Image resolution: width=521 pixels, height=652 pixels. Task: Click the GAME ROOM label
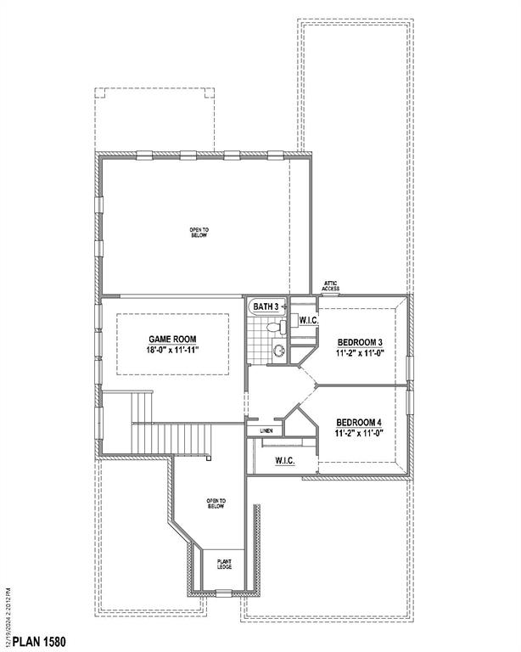173,338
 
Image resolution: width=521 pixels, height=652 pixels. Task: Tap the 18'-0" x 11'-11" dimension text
173,349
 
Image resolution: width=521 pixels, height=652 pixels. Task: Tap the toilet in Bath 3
273,327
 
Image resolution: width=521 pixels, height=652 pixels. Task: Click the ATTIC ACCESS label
331,286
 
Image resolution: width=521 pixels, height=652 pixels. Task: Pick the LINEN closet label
266,432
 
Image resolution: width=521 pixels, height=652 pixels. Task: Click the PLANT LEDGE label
225,564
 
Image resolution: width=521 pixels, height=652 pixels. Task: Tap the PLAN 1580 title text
34,641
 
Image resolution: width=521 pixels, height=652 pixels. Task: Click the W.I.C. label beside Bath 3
308,320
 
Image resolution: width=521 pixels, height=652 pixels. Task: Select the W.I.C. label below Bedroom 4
284,461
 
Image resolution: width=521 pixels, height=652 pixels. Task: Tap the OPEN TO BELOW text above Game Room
199,232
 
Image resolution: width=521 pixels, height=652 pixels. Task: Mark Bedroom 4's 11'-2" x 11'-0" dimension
361,433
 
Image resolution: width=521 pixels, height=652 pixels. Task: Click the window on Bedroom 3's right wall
409,367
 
